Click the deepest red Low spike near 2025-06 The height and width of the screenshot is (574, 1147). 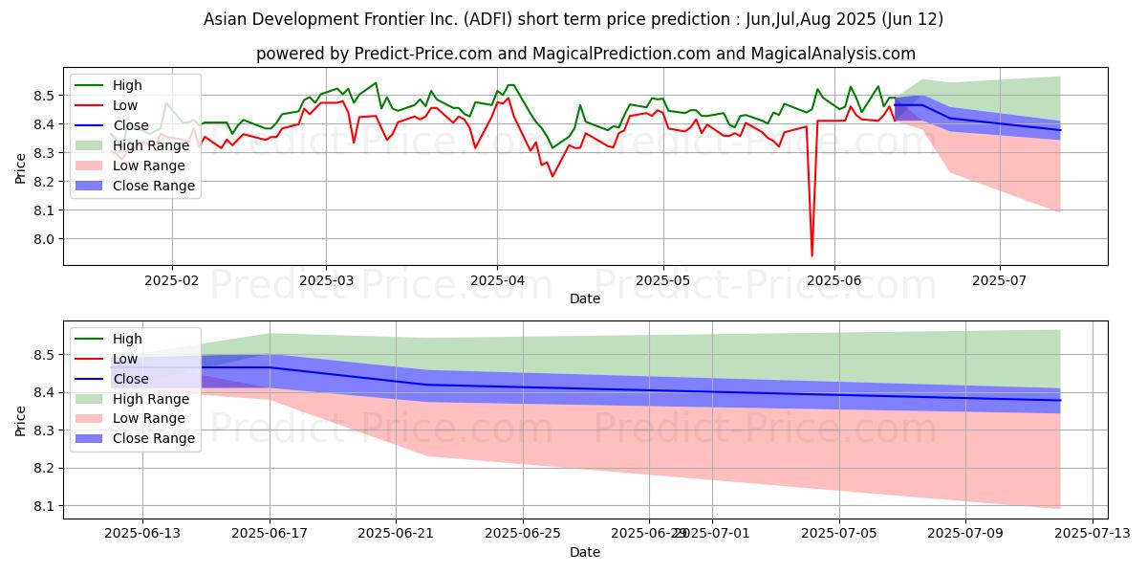[812, 255]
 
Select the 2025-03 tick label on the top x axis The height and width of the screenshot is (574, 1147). [326, 280]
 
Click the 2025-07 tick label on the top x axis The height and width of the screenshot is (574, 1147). [1000, 280]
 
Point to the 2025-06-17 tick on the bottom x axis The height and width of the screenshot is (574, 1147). [269, 533]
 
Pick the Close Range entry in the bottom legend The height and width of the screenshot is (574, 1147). [158, 439]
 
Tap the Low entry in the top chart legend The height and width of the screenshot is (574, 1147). [125, 105]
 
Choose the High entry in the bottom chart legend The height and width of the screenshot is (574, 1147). [127, 339]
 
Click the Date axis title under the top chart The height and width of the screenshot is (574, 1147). [585, 298]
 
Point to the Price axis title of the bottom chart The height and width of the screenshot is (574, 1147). [21, 419]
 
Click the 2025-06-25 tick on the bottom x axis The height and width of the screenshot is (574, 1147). [522, 533]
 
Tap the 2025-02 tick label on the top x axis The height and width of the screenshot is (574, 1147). [172, 280]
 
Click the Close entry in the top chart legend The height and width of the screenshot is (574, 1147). [131, 125]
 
